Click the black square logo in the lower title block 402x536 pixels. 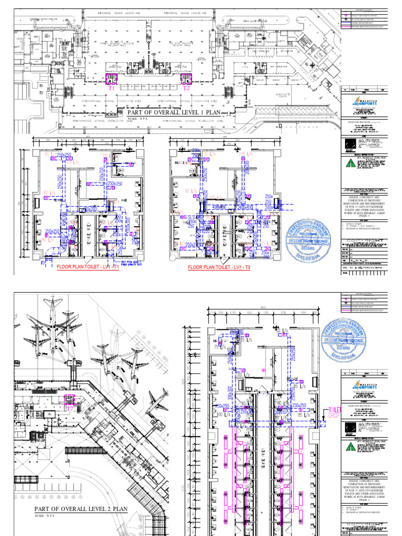[x=349, y=428]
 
